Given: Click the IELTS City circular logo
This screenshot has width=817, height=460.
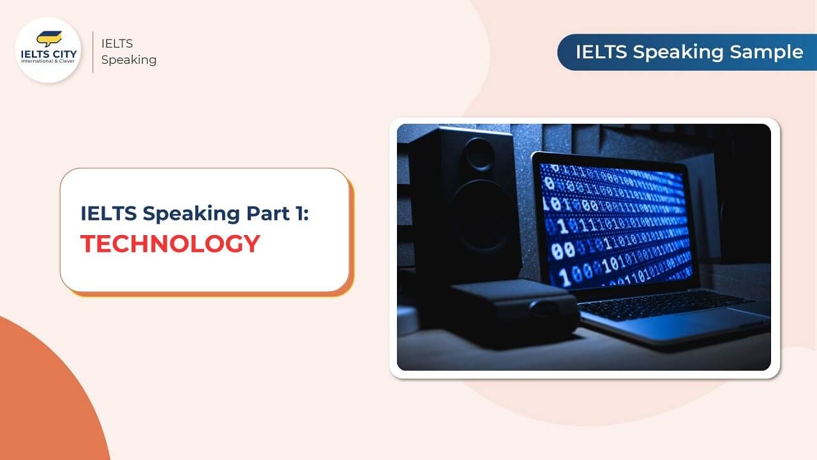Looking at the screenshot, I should tap(49, 50).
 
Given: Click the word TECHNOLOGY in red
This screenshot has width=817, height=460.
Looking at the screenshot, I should tap(170, 243).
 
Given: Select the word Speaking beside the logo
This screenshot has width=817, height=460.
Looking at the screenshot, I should tap(128, 60).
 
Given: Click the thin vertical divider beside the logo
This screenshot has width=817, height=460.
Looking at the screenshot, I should tap(93, 52).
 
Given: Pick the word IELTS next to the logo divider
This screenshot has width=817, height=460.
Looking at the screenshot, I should tap(117, 44).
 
